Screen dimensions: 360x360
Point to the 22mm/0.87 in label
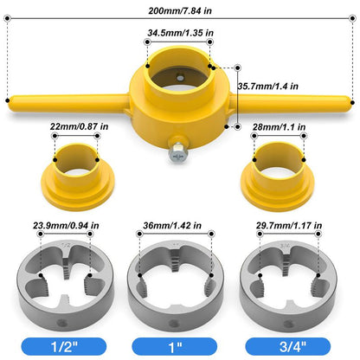click(78, 126)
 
